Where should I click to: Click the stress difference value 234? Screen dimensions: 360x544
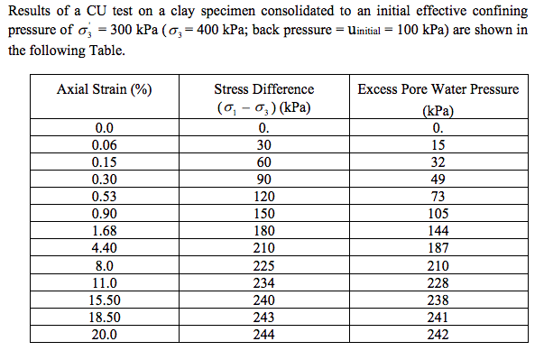(263, 283)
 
